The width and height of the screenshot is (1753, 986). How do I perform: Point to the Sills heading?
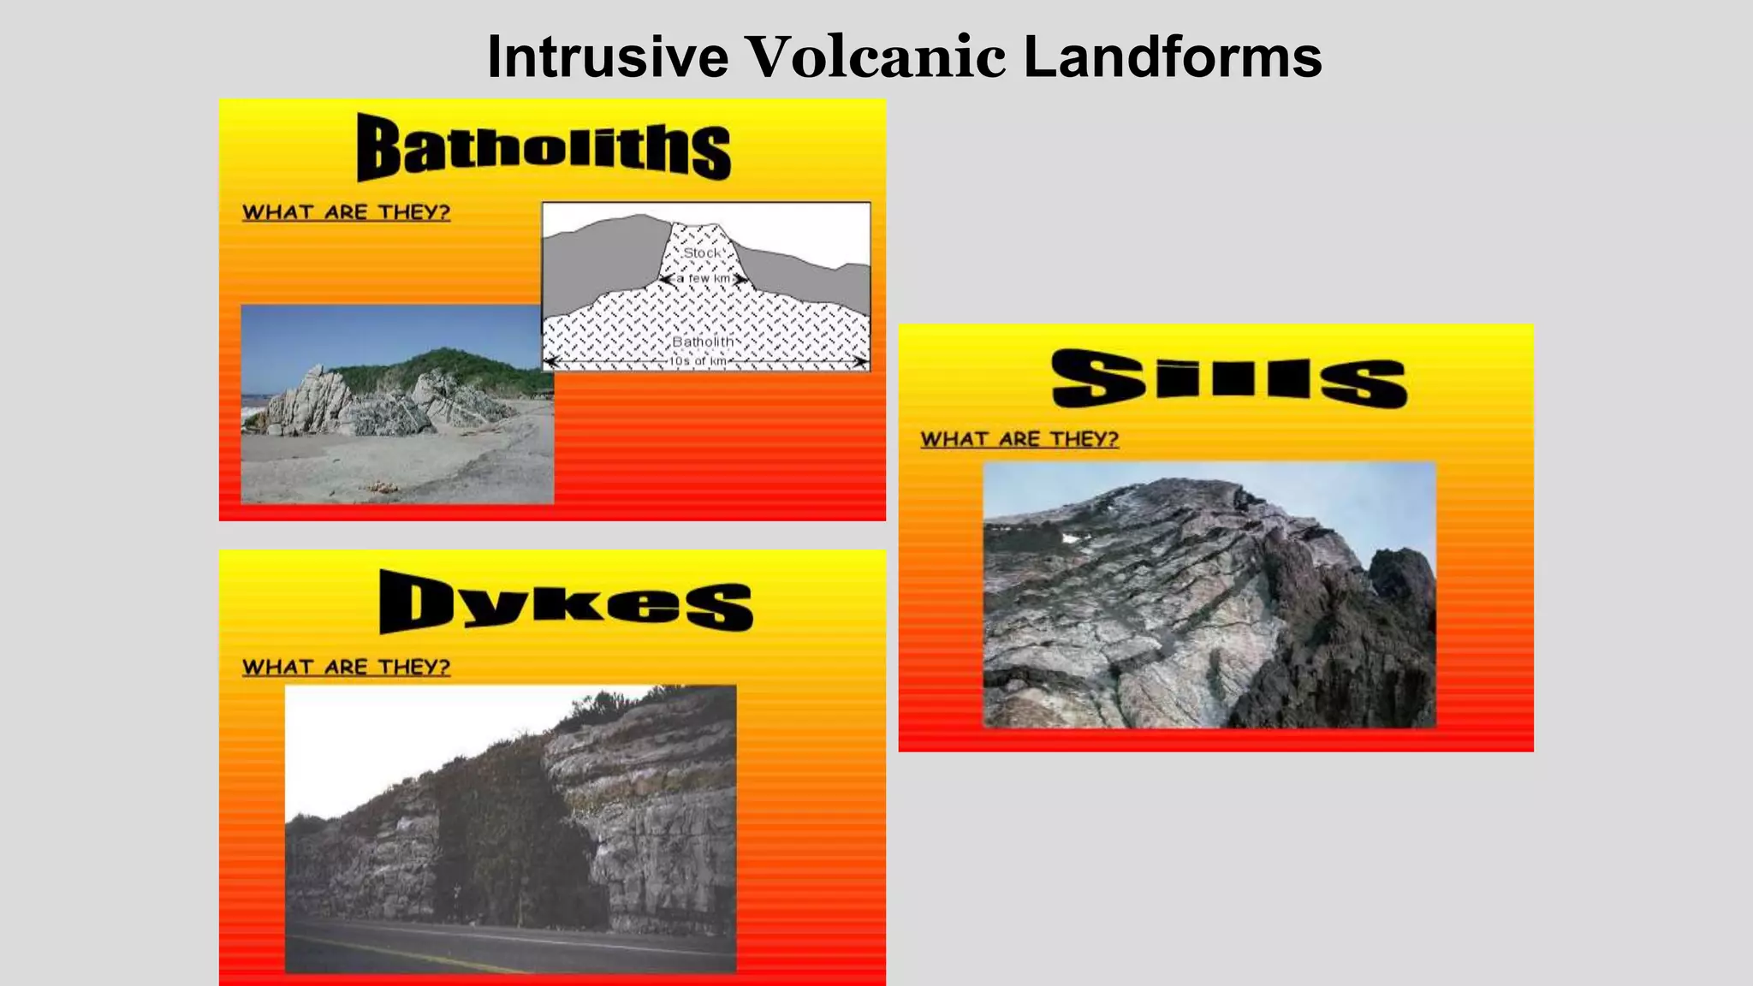tap(1229, 378)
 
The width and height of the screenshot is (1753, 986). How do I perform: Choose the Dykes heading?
tap(566, 602)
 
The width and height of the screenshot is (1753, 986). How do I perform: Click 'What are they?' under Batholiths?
tap(346, 212)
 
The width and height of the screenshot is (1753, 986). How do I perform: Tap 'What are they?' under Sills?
tap(1019, 439)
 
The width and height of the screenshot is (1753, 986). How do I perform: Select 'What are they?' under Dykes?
tap(346, 667)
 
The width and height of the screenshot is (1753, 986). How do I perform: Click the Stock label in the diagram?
tap(702, 253)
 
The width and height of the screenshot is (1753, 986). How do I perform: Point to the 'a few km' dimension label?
tap(703, 279)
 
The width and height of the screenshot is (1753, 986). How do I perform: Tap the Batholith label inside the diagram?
tap(703, 342)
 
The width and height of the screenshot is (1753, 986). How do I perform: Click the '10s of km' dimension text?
tap(698, 361)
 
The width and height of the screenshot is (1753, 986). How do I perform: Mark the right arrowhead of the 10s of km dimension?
tap(861, 362)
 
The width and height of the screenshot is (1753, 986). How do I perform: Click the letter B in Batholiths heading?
tap(377, 147)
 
